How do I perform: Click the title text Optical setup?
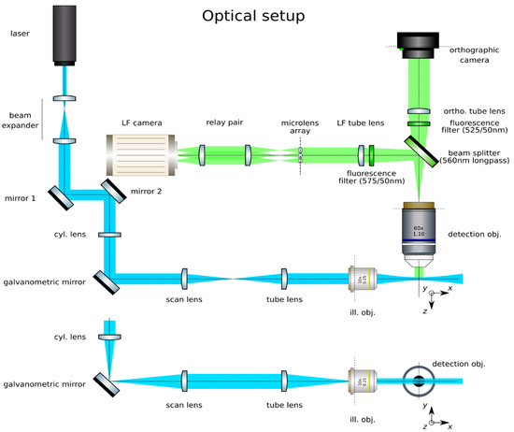(x=256, y=16)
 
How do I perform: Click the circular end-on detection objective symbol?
(x=418, y=382)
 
